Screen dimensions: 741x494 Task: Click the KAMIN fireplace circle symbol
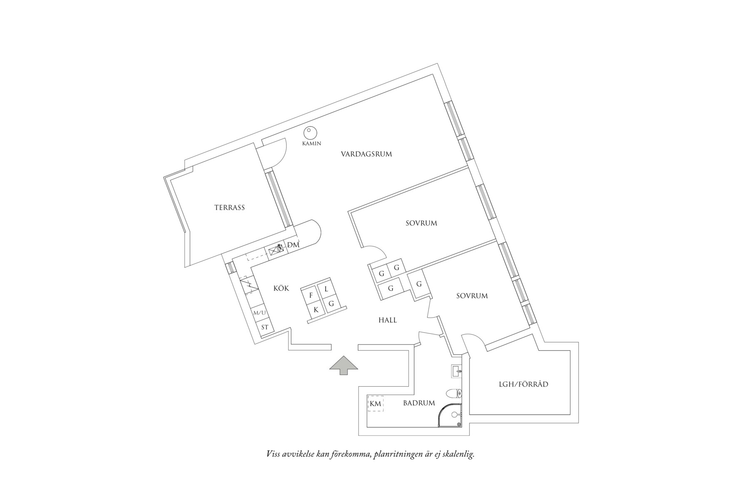click(x=310, y=133)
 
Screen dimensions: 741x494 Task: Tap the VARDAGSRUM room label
click(x=366, y=154)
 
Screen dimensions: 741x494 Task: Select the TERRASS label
click(x=229, y=207)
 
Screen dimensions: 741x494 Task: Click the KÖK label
click(x=281, y=288)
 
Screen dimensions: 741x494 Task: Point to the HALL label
click(x=388, y=320)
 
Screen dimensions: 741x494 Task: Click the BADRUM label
click(x=419, y=403)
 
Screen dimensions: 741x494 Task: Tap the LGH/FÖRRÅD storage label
click(x=523, y=384)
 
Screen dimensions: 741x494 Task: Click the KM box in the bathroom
click(x=375, y=403)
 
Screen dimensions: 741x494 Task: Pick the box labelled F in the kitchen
click(x=311, y=295)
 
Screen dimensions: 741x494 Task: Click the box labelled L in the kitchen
click(x=326, y=289)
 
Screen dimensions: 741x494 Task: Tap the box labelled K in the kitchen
click(x=316, y=310)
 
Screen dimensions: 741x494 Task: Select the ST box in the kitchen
click(x=265, y=327)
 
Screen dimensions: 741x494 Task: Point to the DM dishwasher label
click(x=293, y=245)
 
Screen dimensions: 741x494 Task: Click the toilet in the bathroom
click(x=453, y=393)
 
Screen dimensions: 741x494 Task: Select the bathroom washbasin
click(x=456, y=370)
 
